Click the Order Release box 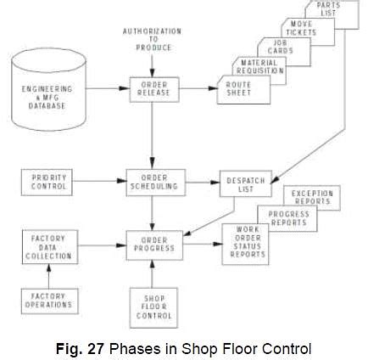[153, 88]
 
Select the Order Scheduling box [153, 182]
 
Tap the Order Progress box [153, 244]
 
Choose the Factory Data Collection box [47, 246]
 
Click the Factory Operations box [47, 301]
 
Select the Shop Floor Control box [153, 307]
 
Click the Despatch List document [243, 183]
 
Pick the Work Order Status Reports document [245, 245]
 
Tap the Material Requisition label [259, 65]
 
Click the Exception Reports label [313, 197]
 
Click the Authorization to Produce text [153, 39]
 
